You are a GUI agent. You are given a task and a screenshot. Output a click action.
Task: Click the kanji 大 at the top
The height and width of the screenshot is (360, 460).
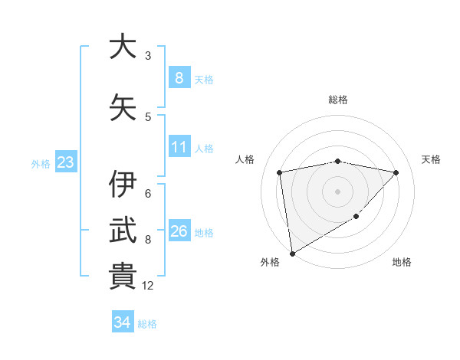pos(123,47)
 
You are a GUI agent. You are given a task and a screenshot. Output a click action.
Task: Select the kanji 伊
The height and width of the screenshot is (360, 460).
pos(123,185)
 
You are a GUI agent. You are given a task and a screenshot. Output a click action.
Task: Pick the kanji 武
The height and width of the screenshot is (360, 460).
pos(123,230)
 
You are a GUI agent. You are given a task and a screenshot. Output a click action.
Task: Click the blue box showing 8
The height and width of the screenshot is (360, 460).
pos(179,77)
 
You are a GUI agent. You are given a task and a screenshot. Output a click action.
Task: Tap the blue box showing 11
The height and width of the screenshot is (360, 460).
pos(179,147)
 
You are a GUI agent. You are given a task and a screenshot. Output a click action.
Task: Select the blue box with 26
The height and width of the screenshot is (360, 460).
pos(179,231)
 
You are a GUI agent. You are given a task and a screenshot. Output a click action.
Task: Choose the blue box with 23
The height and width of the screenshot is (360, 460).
pos(65,162)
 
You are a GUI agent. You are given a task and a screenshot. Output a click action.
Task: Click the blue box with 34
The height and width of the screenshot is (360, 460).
pos(122,322)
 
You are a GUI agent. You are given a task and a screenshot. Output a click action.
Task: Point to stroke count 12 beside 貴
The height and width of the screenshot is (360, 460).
pos(148,286)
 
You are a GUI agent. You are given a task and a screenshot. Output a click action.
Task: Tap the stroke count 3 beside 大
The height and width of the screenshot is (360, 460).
pos(148,56)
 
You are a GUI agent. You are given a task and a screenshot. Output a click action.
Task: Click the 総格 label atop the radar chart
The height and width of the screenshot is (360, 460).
pos(337,100)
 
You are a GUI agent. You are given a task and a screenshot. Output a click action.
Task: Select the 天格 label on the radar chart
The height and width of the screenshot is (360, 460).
pos(432,159)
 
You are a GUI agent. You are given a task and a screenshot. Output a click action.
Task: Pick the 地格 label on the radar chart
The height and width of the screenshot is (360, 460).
pos(402,262)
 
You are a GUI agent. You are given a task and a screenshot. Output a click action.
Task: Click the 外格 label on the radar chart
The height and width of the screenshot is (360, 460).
pos(270,262)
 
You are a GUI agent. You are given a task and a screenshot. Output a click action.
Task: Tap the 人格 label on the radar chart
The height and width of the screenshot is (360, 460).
pos(245,159)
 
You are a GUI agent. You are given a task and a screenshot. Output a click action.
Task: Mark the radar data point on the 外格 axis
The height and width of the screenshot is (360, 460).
pos(292,253)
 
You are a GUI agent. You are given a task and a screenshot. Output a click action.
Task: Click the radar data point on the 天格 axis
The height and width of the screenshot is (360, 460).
pos(396,172)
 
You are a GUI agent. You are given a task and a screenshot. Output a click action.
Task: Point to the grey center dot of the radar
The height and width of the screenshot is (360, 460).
pos(337,191)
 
